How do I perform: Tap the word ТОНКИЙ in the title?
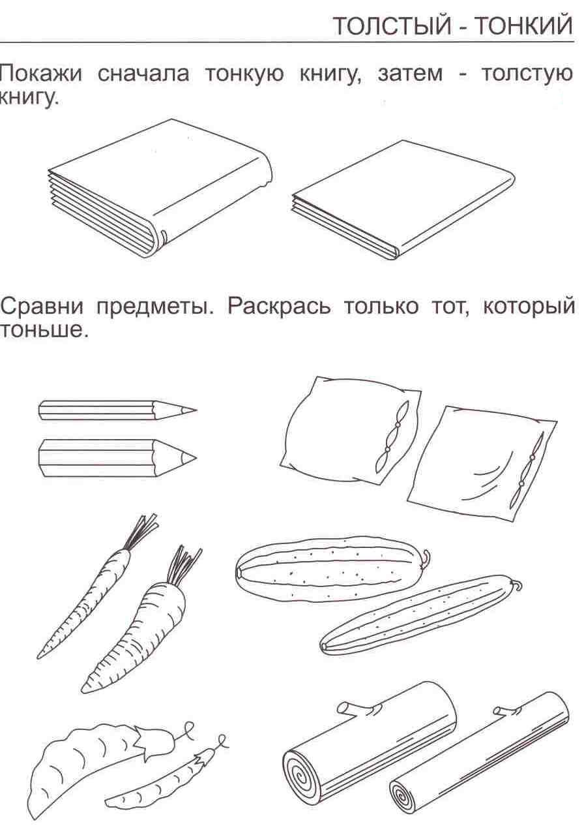coord(525,26)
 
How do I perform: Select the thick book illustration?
coord(160,189)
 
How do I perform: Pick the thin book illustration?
coord(403,200)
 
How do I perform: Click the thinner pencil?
coord(117,410)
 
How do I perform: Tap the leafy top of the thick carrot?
coord(183,566)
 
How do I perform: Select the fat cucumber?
coord(332,570)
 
